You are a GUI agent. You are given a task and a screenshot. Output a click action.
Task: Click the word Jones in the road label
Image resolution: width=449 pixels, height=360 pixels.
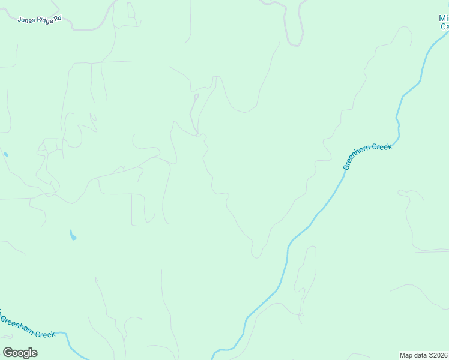tap(26, 19)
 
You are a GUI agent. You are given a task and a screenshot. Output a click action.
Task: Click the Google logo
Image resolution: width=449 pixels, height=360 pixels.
tap(20, 352)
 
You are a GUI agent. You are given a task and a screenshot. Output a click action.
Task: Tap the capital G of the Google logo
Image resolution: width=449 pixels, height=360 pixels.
tap(8, 352)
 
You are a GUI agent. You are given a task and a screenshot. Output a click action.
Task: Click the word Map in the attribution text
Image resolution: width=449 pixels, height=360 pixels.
tap(406, 355)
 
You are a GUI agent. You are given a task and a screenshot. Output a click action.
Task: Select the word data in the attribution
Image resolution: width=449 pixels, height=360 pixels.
tap(420, 355)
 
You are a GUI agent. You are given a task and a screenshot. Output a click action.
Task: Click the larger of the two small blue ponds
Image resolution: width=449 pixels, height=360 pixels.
tap(73, 235)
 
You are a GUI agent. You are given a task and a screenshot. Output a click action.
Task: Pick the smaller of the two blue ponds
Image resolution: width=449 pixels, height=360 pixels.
tap(5, 154)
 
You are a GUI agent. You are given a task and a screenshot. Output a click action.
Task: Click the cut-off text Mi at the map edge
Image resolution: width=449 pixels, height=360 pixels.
tap(444, 19)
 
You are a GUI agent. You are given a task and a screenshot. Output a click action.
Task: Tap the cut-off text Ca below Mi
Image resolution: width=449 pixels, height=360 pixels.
tap(444, 26)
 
